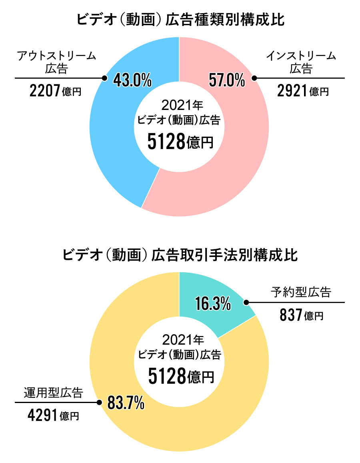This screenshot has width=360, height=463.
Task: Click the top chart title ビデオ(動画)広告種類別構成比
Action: tap(180, 20)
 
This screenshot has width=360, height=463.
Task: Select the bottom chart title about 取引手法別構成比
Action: tap(180, 255)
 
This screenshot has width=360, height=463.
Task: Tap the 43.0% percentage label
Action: tap(132, 80)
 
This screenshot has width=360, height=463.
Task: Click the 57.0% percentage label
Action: tap(227, 80)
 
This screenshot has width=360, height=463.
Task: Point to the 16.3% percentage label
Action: tap(213, 304)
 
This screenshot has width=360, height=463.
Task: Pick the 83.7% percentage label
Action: tap(126, 404)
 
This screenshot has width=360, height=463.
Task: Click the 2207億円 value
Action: tap(55, 92)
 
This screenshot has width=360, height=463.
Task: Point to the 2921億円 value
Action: tap(303, 92)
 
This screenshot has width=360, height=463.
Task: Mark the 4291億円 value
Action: tap(53, 416)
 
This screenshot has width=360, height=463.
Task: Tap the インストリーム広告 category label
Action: tap(301, 62)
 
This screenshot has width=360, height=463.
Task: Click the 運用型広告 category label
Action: tap(53, 393)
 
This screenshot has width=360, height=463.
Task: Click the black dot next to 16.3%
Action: tap(246, 302)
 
